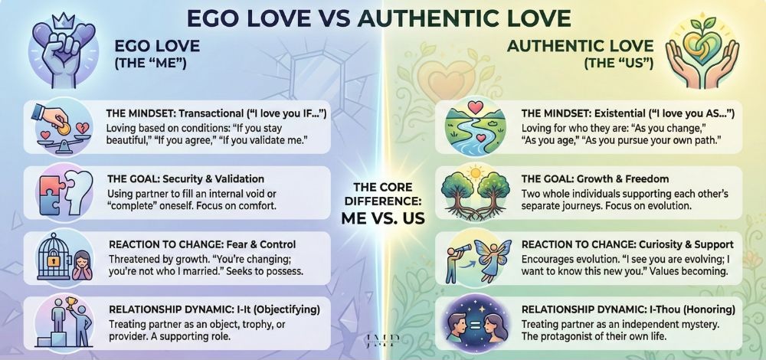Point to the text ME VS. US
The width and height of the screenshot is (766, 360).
(x=383, y=216)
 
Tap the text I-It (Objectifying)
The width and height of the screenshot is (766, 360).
(x=264, y=310)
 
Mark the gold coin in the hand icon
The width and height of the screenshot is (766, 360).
(x=54, y=120)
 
